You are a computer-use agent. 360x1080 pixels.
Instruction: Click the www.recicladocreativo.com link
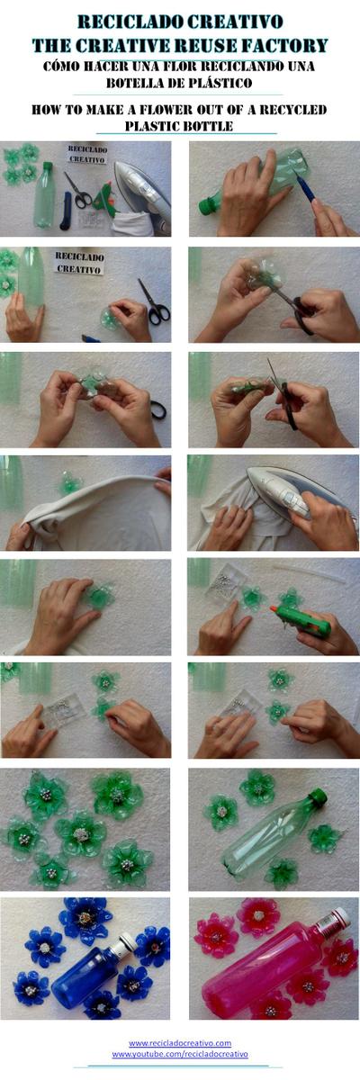click(180, 1042)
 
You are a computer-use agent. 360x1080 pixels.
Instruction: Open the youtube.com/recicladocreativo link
click(180, 1053)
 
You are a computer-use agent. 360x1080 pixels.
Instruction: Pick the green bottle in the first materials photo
click(44, 193)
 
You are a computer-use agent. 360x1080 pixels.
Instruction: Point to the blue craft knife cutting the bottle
click(307, 186)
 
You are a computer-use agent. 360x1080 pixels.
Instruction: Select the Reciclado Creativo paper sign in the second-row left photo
click(79, 262)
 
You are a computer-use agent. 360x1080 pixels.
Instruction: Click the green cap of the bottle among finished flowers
click(317, 796)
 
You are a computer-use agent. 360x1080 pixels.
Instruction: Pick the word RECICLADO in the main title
click(128, 21)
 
